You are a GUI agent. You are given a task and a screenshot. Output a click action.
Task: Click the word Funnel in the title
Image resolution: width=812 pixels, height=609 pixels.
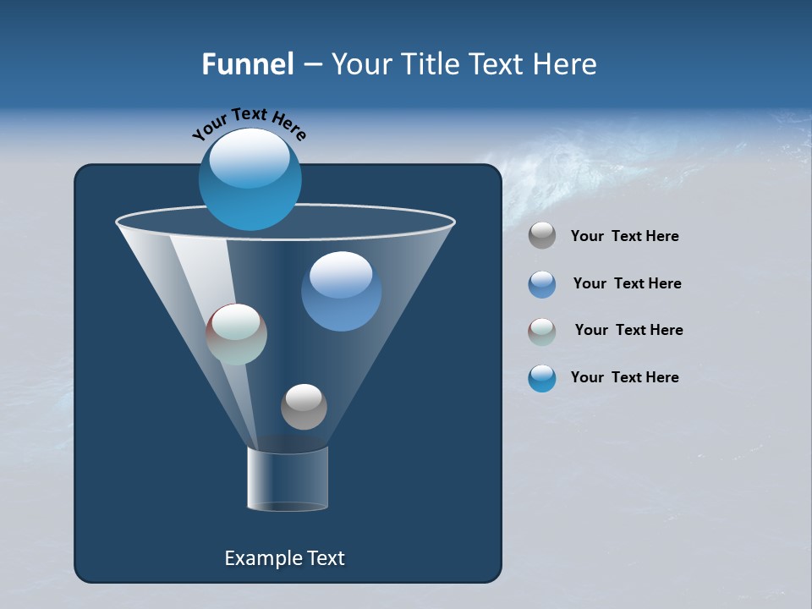(247, 64)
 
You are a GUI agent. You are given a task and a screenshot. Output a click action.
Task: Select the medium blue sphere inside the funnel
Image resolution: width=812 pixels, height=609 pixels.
(341, 292)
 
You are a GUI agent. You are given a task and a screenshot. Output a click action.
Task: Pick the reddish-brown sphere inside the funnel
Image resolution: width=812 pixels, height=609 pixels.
(236, 334)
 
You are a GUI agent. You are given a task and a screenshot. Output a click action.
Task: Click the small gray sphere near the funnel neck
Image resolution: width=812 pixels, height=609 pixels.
(304, 407)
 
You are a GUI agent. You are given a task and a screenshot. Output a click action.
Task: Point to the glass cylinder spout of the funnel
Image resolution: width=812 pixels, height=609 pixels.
(287, 480)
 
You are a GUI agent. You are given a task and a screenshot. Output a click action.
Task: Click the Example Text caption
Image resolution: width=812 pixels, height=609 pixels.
(284, 558)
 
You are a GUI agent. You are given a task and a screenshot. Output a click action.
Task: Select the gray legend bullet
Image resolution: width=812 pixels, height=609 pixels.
(542, 236)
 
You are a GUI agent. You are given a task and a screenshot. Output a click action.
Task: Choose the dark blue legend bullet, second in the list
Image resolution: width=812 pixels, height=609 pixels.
(542, 284)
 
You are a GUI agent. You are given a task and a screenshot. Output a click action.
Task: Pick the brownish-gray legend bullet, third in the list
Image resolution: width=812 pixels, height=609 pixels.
(542, 332)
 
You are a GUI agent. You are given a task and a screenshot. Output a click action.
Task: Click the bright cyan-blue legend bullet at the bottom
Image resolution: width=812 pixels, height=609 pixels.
(542, 378)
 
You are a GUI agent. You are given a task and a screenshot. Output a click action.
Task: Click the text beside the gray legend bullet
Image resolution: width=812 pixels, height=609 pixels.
(624, 237)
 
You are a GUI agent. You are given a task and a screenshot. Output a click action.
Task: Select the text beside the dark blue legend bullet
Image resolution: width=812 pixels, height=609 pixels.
(627, 284)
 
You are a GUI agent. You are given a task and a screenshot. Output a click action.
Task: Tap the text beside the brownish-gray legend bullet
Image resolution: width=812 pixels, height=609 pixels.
(628, 331)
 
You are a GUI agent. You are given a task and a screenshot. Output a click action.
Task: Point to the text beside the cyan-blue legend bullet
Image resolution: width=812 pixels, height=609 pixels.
(624, 377)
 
